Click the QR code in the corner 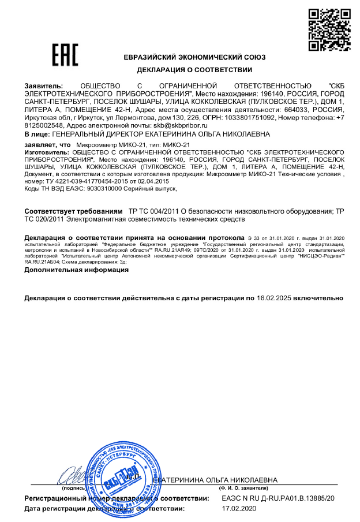click(325, 29)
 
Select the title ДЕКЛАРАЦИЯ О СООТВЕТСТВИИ click(194, 70)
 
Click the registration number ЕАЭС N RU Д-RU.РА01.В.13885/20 click(278, 497)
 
